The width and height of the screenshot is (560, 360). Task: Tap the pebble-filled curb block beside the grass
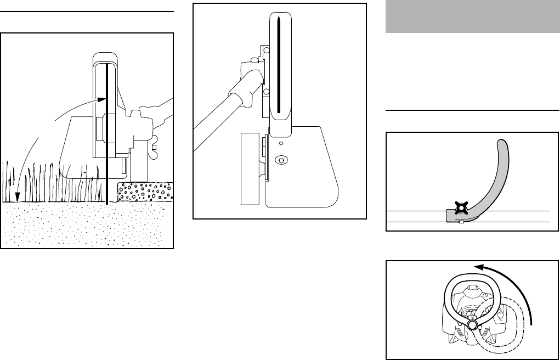[x=145, y=192]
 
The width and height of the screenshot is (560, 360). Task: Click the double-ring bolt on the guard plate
[x=281, y=160]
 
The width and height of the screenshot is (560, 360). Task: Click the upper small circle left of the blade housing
[x=266, y=50]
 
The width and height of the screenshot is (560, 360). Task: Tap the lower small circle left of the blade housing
[x=266, y=92]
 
